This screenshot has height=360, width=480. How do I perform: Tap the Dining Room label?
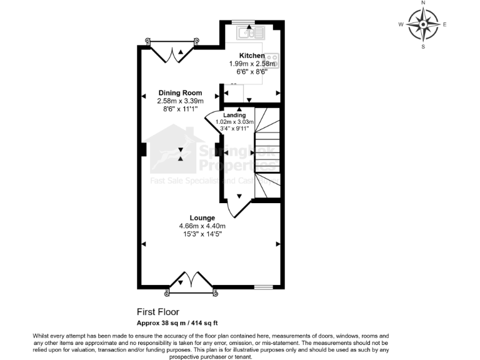(180, 92)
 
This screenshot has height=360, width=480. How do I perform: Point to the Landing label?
(234, 115)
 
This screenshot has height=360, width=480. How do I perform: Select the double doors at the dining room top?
(172, 51)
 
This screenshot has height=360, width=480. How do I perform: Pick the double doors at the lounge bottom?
(191, 281)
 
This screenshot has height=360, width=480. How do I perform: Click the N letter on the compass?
(423, 3)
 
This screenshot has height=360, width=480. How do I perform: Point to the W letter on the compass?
(401, 25)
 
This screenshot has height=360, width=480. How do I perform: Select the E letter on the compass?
(444, 25)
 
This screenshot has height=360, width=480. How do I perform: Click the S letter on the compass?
(423, 47)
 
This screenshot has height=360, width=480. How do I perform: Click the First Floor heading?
(157, 311)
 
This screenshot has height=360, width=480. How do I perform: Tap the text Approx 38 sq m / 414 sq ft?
(177, 323)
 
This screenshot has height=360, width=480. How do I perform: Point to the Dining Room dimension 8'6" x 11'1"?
(180, 108)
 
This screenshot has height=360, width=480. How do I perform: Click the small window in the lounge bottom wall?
(263, 287)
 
